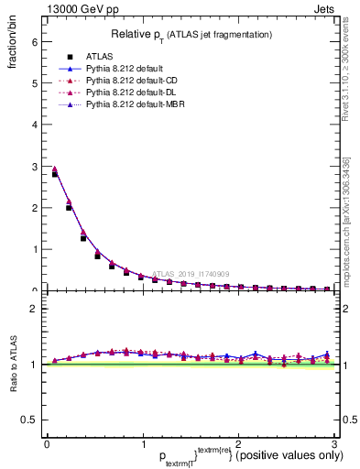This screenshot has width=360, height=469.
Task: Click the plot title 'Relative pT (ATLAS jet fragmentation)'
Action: (191, 35)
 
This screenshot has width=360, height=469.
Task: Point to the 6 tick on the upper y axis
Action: (34, 42)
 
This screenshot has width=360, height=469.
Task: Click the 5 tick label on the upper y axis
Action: (34, 83)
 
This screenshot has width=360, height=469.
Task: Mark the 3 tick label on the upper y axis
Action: (34, 167)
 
